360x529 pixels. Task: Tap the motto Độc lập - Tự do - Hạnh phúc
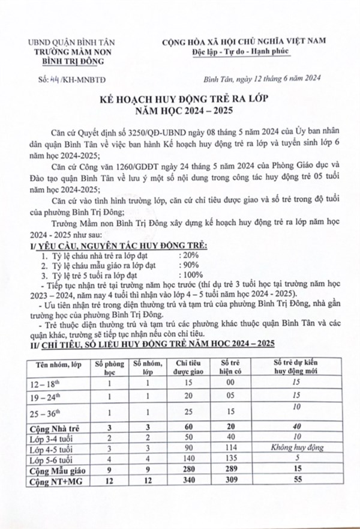tap(238, 51)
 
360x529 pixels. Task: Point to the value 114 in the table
tap(230, 447)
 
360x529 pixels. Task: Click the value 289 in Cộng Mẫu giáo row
tap(230, 469)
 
